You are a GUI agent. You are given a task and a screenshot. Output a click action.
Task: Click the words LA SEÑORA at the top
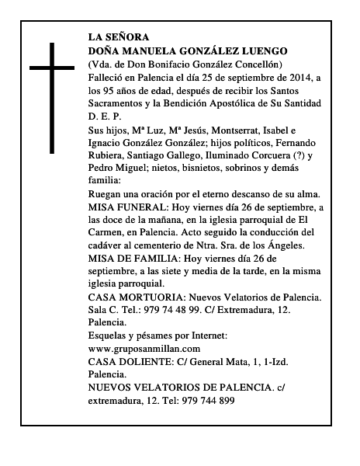point(116,37)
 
